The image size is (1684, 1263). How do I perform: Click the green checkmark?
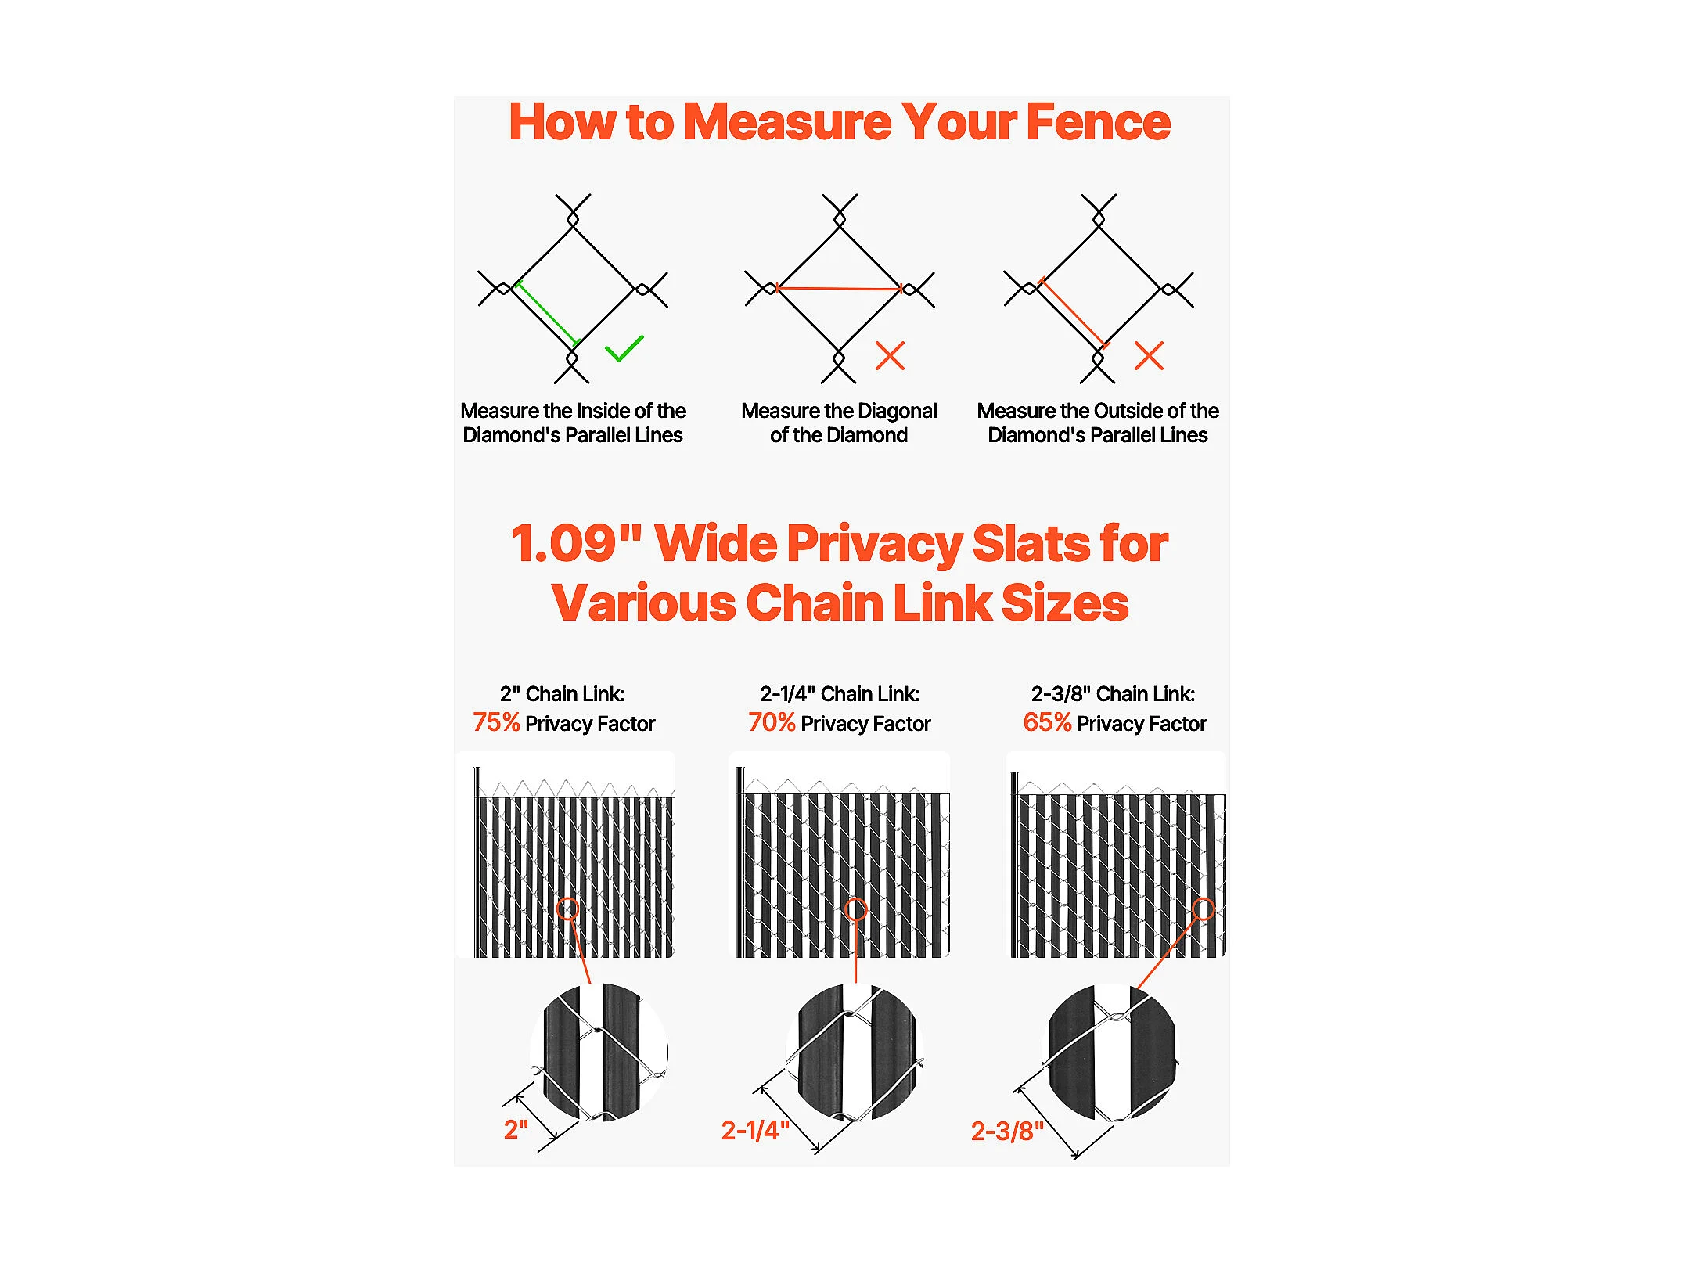pos(624,349)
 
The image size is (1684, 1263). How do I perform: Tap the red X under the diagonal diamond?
pos(890,355)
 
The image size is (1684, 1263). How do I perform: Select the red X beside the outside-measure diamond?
pos(1149,355)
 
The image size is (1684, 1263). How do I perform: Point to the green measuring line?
pos(547,313)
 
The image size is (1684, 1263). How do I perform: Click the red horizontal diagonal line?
pos(839,289)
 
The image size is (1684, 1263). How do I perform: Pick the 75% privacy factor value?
pos(496,722)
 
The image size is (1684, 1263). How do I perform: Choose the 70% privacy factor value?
pos(772,722)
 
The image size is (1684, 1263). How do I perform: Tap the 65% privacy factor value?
pos(1047,722)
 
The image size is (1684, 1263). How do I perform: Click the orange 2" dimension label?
pos(516,1130)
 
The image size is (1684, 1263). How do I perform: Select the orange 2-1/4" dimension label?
pos(755,1131)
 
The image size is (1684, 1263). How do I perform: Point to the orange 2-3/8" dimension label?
pos(1007,1132)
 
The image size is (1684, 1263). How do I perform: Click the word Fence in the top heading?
pos(1099,122)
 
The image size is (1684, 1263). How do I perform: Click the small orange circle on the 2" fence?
pos(567,909)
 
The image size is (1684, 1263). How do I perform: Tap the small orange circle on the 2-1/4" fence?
pos(856,909)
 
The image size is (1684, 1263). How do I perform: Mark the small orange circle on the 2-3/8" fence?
pos(1203,909)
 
